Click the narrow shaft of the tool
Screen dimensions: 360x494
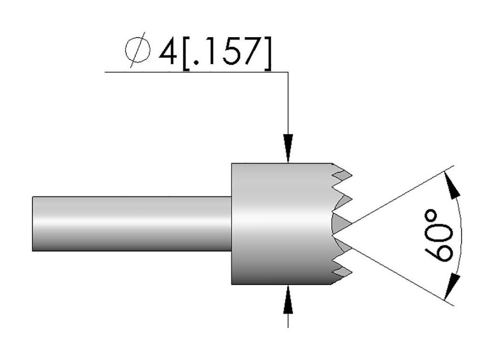coord(130,223)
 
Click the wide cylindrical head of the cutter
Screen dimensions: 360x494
coord(280,223)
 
